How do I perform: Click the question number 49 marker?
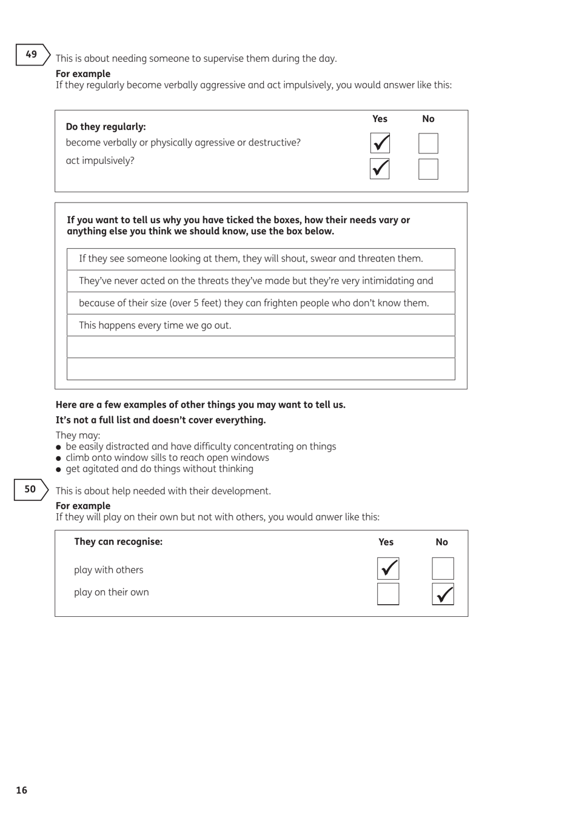(x=32, y=55)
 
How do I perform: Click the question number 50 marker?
(x=30, y=489)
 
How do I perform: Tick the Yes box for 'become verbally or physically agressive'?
(x=380, y=143)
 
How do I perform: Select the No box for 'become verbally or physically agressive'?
(x=428, y=143)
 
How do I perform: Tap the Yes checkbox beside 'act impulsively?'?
(x=380, y=169)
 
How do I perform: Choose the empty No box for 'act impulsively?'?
(x=428, y=169)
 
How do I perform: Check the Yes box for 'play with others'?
(x=388, y=569)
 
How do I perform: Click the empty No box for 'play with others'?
(x=443, y=569)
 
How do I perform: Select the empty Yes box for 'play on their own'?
(x=388, y=594)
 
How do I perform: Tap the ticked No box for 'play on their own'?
(x=443, y=594)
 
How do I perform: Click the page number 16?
(x=22, y=790)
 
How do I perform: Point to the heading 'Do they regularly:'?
(x=105, y=127)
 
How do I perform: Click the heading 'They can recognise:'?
(x=118, y=542)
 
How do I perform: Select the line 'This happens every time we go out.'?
(x=155, y=325)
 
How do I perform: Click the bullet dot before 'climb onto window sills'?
(x=59, y=459)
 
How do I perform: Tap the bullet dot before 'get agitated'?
(x=59, y=469)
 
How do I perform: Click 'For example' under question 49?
(x=83, y=74)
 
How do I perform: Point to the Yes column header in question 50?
(x=386, y=542)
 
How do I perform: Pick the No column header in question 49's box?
(x=428, y=119)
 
